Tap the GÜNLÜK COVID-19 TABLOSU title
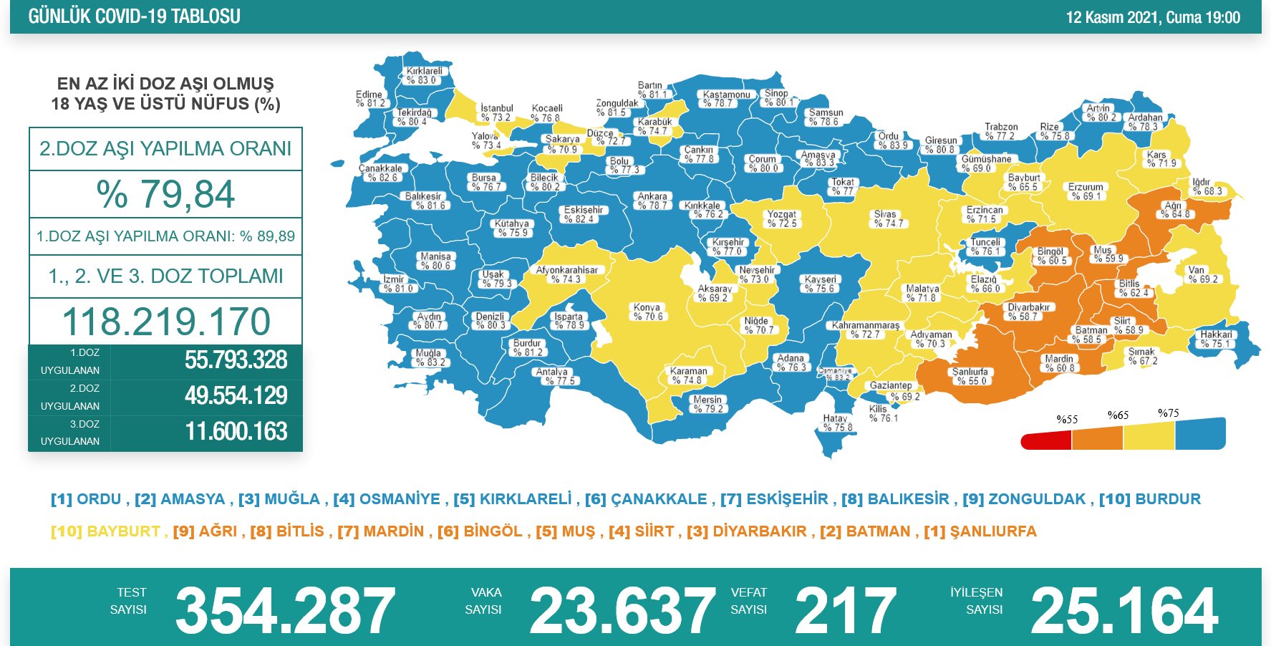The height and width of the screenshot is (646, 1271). [134, 16]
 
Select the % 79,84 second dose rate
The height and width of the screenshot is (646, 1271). [165, 194]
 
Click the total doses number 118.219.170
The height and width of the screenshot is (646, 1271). [166, 322]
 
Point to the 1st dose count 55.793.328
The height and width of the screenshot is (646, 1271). [236, 360]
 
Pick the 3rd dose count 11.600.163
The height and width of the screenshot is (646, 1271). [236, 432]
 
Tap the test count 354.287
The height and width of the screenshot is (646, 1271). [285, 611]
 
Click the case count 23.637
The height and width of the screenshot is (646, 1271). [622, 611]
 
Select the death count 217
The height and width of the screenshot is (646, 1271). [845, 611]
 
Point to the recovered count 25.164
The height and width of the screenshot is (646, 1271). [1123, 611]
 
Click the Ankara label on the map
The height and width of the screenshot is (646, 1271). [652, 201]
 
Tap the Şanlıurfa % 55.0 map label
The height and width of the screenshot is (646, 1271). [970, 376]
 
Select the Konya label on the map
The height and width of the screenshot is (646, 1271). [647, 312]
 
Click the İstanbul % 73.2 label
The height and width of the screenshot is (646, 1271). [496, 112]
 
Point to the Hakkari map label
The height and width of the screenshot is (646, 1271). [1216, 339]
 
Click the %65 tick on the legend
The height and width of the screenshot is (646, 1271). [1118, 415]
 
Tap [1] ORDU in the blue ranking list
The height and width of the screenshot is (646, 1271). [86, 499]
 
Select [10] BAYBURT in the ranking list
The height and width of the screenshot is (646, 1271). [105, 531]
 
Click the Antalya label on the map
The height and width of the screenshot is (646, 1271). [552, 376]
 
